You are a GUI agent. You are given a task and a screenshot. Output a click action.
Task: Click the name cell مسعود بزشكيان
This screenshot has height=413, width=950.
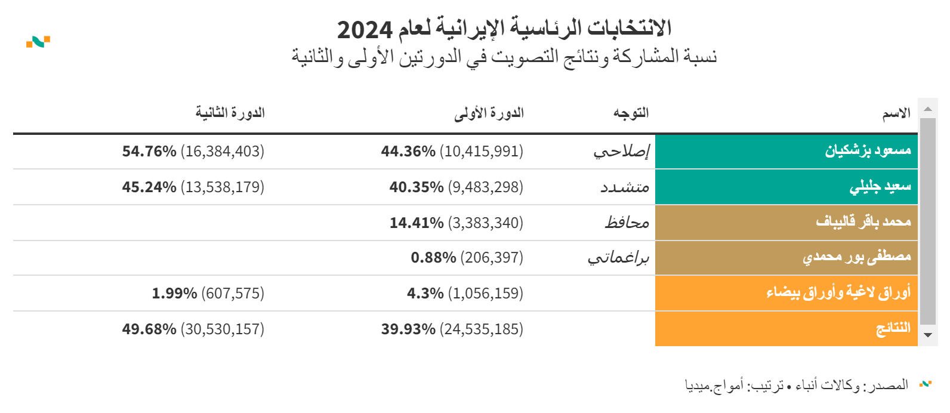(868, 151)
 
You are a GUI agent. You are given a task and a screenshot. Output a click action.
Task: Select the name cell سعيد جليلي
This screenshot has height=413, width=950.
(880, 187)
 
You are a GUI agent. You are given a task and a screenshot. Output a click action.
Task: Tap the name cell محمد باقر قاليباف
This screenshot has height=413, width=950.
(863, 222)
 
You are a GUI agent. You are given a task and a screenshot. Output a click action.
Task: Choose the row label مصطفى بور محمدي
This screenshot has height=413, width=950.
(856, 257)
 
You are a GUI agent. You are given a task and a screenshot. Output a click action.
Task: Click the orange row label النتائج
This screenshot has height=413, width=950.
(893, 329)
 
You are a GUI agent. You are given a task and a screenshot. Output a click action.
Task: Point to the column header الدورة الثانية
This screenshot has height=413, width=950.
(230, 113)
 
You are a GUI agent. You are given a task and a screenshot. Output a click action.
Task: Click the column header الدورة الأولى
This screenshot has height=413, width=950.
(489, 113)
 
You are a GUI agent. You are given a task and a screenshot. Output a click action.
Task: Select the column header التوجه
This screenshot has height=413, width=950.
(631, 113)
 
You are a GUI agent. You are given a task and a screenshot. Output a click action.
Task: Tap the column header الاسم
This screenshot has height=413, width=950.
(896, 113)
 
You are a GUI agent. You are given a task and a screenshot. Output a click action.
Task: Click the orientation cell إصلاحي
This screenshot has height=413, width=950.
(621, 152)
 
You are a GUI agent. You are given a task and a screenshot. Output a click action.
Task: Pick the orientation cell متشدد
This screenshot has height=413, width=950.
(625, 187)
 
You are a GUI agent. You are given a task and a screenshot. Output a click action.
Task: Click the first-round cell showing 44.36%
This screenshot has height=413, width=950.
(452, 152)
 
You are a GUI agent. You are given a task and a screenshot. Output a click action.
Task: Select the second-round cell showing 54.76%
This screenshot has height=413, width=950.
(193, 152)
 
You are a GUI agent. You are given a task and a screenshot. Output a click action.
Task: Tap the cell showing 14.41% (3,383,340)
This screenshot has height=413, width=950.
(456, 223)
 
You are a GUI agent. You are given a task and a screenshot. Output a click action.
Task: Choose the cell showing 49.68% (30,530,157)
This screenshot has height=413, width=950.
(193, 329)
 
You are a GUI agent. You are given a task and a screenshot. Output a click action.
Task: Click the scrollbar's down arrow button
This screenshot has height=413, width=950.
(927, 335)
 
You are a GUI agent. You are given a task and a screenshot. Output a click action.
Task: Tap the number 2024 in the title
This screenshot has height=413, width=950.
(365, 29)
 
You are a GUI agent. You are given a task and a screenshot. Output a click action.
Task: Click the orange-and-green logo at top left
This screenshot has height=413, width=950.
(38, 42)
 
